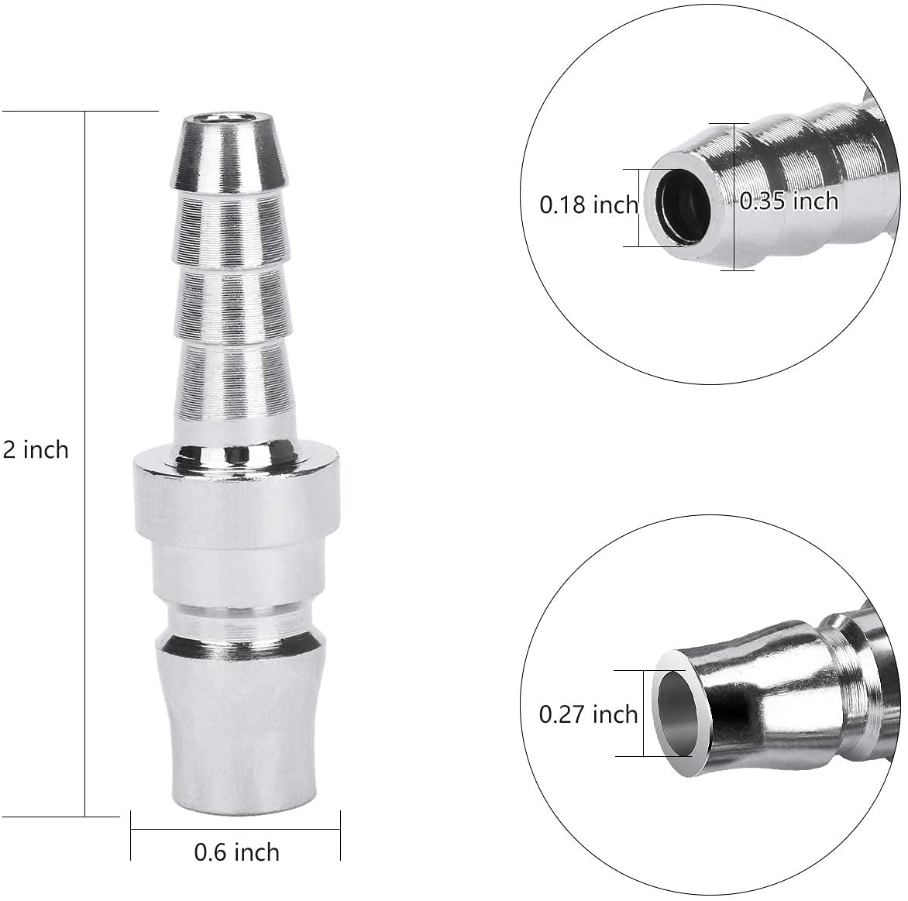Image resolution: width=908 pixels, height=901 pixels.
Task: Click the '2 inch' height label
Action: (x=36, y=450)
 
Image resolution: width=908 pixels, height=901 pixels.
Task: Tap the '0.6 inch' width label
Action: (x=236, y=852)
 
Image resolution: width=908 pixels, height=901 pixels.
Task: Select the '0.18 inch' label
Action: (x=588, y=205)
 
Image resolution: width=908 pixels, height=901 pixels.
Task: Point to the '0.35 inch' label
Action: (x=789, y=201)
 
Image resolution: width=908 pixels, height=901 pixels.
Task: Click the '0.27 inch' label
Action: (x=588, y=714)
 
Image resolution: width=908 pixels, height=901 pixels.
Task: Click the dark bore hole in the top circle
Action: (x=684, y=208)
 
